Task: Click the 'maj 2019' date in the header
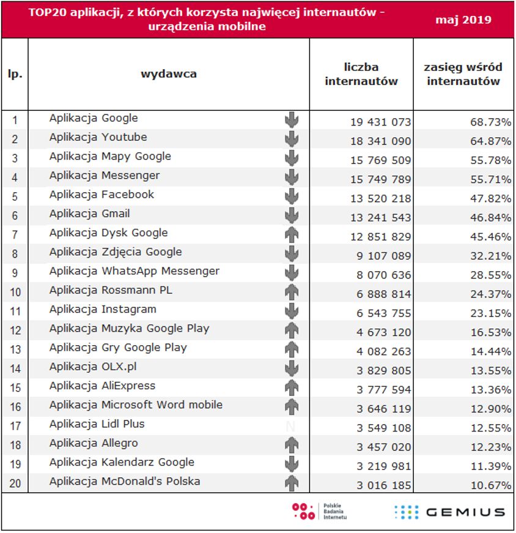pos(463,20)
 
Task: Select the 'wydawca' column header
pos(169,74)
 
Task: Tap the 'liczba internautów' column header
pos(361,74)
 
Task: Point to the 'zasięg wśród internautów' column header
pos(463,74)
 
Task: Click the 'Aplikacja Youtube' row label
pos(98,137)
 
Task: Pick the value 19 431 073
pos(381,122)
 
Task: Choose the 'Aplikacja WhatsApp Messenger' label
pos(134,271)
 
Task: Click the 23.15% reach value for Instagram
pos(490,313)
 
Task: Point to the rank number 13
pos(15,349)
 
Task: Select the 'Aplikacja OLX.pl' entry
pos(93,367)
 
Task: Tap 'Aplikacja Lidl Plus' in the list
pos(97,424)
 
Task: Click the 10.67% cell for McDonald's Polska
pos(490,485)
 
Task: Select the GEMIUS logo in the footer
pos(449,512)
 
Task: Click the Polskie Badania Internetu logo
pos(320,512)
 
